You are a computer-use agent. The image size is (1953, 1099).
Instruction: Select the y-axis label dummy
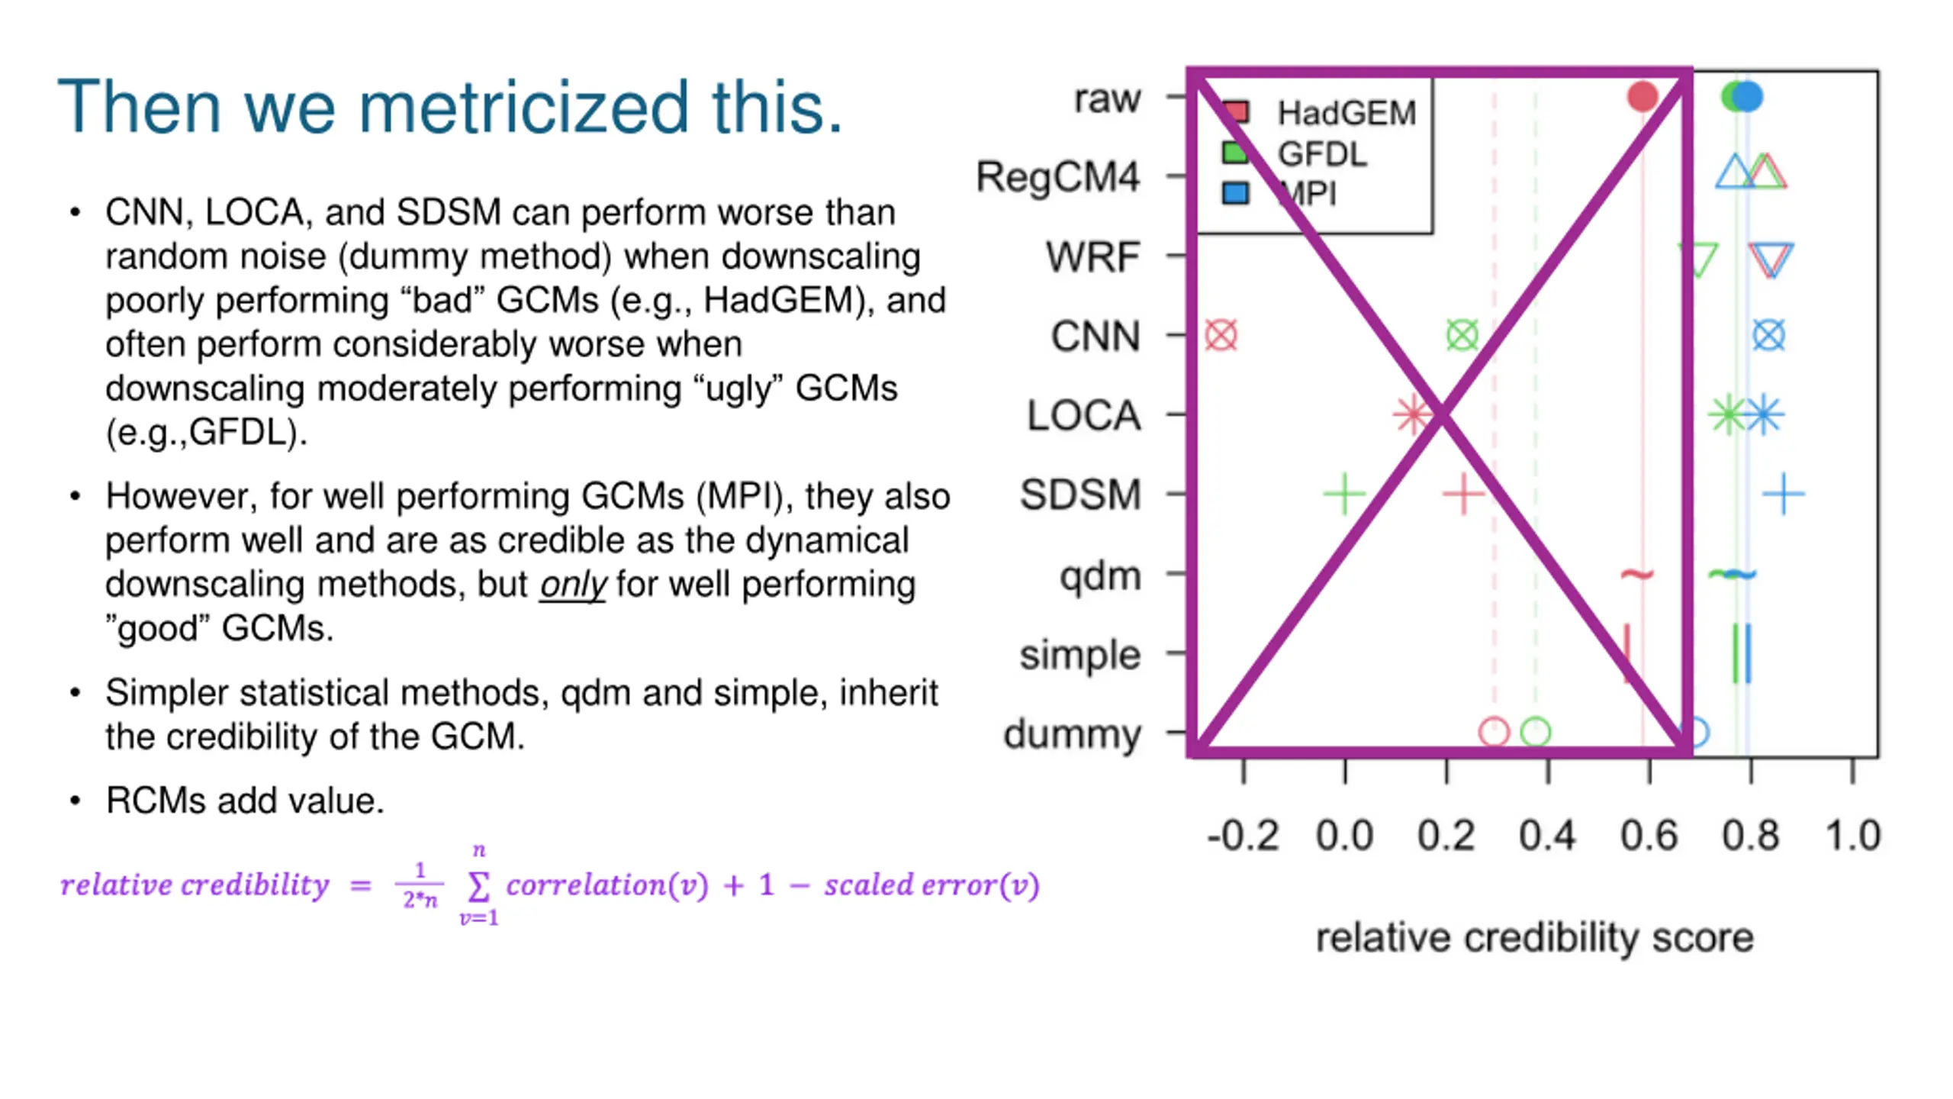tap(1072, 734)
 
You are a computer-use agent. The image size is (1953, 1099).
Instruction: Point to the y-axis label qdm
tap(1100, 576)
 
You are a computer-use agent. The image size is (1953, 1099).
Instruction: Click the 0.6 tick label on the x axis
tap(1649, 836)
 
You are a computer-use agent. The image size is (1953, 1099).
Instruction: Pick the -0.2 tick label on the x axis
tap(1243, 836)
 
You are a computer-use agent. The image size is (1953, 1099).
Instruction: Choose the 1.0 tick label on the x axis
tap(1852, 836)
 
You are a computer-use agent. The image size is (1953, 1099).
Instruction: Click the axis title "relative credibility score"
tap(1534, 937)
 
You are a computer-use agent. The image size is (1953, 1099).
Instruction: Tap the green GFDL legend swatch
tap(1234, 153)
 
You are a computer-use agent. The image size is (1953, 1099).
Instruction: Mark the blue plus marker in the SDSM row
tap(1784, 495)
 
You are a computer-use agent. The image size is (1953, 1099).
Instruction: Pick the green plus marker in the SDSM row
tap(1344, 495)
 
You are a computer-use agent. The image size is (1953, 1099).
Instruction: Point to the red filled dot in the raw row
tap(1643, 97)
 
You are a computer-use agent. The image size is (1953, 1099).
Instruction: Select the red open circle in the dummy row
tap(1494, 732)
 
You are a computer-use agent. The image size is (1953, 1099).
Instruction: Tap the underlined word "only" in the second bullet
tap(572, 585)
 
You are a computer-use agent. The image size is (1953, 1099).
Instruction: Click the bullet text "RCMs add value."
tap(245, 801)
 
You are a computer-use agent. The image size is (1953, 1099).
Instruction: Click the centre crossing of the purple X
tap(1441, 415)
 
